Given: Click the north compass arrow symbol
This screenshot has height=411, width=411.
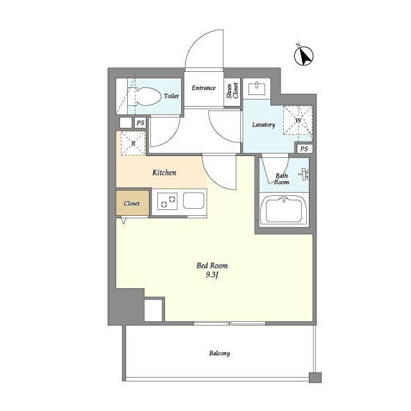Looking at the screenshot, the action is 304,56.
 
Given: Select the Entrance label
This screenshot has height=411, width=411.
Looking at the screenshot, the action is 204,88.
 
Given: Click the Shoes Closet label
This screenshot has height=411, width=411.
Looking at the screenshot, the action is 232,91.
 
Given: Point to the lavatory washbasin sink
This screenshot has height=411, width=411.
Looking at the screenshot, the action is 257,89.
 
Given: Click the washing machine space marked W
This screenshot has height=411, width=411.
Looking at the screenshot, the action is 298,120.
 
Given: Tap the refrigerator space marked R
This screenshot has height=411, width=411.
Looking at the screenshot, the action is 133,143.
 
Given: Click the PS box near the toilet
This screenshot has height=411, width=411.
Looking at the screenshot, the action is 141,123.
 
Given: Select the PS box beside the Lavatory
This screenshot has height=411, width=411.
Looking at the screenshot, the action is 304,149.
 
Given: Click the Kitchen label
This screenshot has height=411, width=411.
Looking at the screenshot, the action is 164,173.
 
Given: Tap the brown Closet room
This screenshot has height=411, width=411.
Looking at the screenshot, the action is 133,203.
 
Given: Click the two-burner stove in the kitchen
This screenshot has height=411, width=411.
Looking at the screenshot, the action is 168,201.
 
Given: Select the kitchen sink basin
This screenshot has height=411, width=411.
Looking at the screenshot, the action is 193,200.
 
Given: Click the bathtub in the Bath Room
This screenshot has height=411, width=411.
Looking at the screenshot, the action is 284,210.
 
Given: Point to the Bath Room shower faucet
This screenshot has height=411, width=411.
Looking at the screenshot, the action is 304,174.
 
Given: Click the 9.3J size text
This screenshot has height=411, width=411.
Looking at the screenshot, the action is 212,275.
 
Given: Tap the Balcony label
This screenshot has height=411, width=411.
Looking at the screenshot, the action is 220,353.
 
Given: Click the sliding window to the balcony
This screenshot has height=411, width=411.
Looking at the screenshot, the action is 230,324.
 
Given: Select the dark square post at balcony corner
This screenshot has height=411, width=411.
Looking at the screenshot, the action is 315,378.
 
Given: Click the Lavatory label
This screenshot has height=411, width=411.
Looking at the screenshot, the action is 263,125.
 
